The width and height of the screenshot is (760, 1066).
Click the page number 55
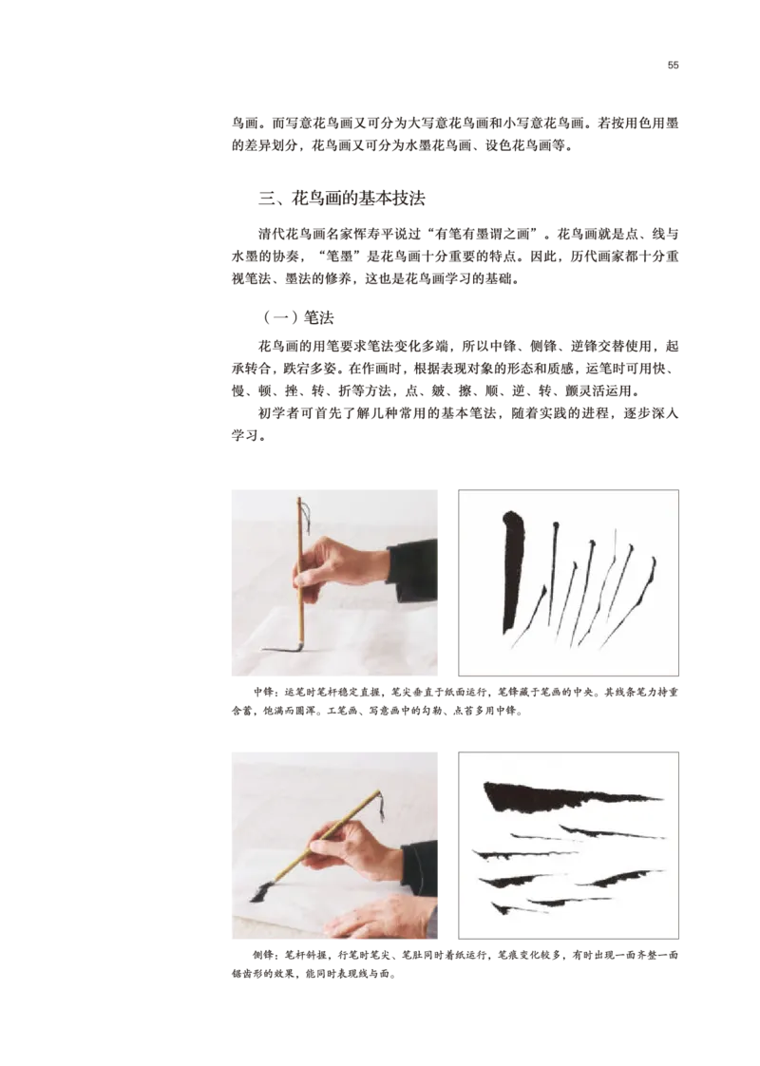(x=673, y=66)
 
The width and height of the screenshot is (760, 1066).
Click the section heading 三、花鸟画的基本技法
(x=342, y=199)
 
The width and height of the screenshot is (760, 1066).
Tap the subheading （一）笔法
(x=298, y=317)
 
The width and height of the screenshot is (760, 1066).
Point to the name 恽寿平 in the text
(x=374, y=235)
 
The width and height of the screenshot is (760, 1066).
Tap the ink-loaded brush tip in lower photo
(x=261, y=890)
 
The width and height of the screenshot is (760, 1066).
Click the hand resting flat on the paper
(x=381, y=917)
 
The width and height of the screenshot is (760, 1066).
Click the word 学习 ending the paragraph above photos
(x=245, y=436)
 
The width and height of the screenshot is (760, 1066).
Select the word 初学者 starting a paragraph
(x=278, y=413)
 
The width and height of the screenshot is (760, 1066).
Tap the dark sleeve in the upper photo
(x=412, y=570)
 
